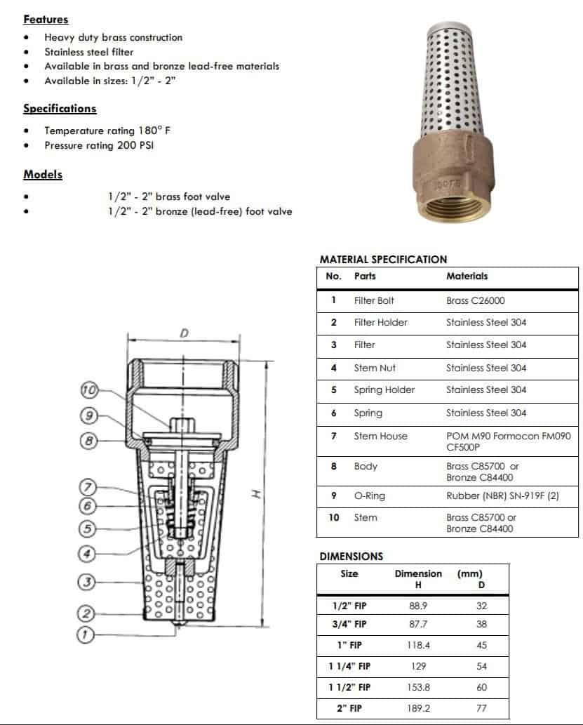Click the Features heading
(46, 20)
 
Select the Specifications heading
(60, 109)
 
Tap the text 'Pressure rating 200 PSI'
(99, 145)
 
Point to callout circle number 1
(85, 634)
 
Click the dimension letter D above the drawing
(184, 332)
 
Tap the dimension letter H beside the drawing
(255, 494)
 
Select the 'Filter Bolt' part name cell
(374, 300)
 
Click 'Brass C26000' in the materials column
(475, 300)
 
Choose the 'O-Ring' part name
(369, 495)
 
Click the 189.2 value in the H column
(419, 708)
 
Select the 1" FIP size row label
(349, 645)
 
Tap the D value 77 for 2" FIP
(481, 708)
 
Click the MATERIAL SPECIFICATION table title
(383, 259)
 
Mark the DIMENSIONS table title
(351, 556)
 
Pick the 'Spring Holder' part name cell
(384, 390)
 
